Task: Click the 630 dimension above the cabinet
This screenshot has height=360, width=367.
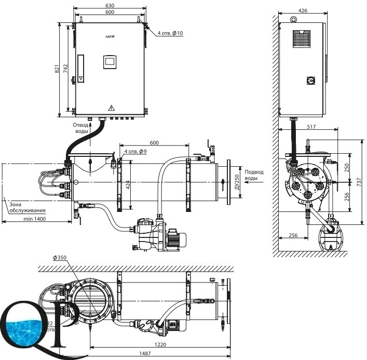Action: click(109, 5)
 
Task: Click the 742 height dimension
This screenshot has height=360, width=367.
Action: click(66, 68)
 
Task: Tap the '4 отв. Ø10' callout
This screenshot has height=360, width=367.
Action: click(170, 33)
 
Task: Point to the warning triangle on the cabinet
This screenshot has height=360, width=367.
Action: click(111, 108)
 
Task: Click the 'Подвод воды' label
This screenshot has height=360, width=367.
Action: click(253, 175)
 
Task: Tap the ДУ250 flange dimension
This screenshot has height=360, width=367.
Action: click(237, 181)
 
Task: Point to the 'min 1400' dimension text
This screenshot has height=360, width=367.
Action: click(35, 220)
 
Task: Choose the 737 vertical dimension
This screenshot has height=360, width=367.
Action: click(360, 182)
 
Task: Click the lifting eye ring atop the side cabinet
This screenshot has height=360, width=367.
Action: click(293, 20)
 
